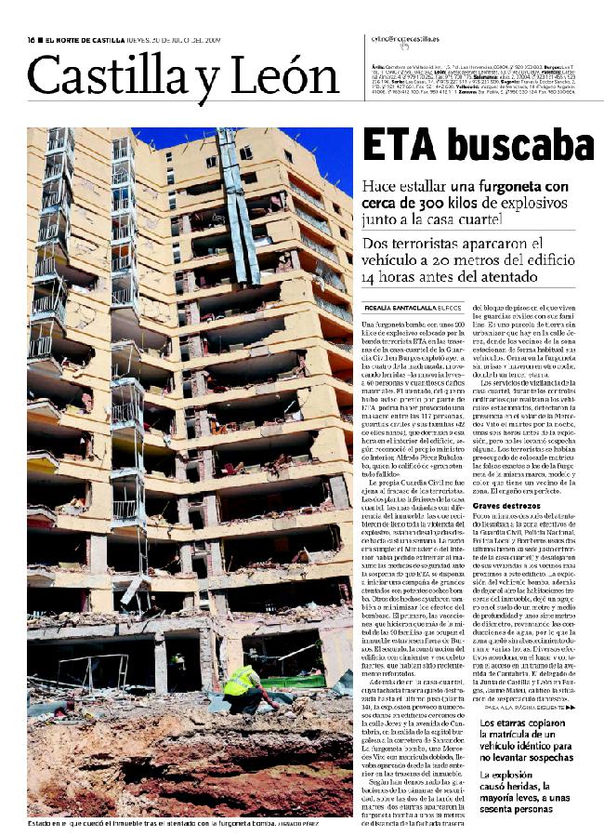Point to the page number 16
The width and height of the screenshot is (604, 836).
coord(31,39)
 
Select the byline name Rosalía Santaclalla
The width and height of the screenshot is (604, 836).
coord(400,307)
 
